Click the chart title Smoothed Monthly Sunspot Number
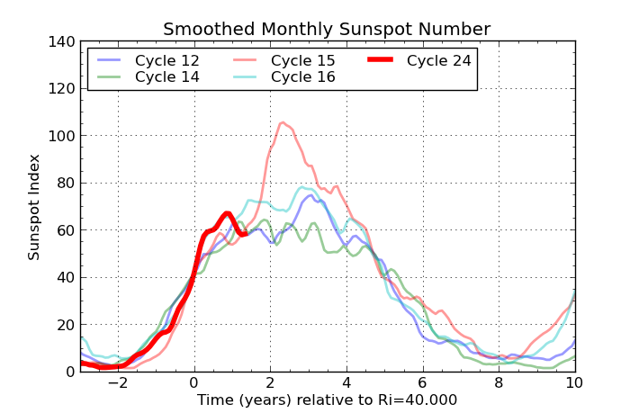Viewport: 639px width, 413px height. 327,30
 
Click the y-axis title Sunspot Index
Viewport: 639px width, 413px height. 34,207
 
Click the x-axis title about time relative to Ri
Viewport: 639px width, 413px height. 327,400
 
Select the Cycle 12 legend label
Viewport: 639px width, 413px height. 167,61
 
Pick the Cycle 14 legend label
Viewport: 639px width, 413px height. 167,77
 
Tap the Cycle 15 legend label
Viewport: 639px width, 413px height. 303,61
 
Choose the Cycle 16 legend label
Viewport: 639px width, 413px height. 303,77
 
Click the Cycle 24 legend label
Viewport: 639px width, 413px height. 438,61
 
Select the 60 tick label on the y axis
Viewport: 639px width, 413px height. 63,230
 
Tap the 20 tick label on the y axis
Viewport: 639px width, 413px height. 63,325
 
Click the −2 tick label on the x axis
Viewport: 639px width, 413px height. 117,382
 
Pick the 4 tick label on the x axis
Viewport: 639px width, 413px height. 346,382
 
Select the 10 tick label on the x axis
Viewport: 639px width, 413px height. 574,382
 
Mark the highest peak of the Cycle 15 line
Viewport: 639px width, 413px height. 283,122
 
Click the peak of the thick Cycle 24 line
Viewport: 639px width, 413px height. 228,213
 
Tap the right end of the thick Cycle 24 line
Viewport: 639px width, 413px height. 245,234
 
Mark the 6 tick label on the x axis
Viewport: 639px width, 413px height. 422,382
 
